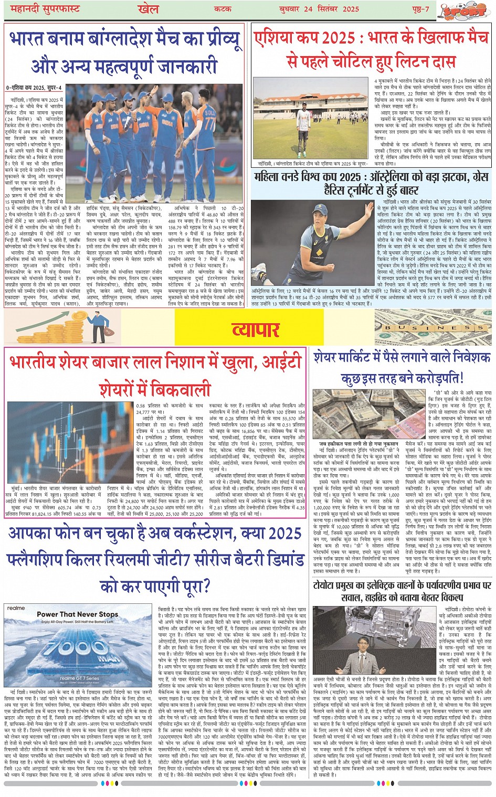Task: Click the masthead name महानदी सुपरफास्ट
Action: tap(43, 9)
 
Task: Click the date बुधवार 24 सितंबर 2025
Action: tap(324, 9)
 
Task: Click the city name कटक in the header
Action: tap(223, 9)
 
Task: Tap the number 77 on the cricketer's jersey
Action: tap(209, 124)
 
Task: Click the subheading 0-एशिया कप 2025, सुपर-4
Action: tap(34, 88)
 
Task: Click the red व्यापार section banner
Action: tap(256, 330)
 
